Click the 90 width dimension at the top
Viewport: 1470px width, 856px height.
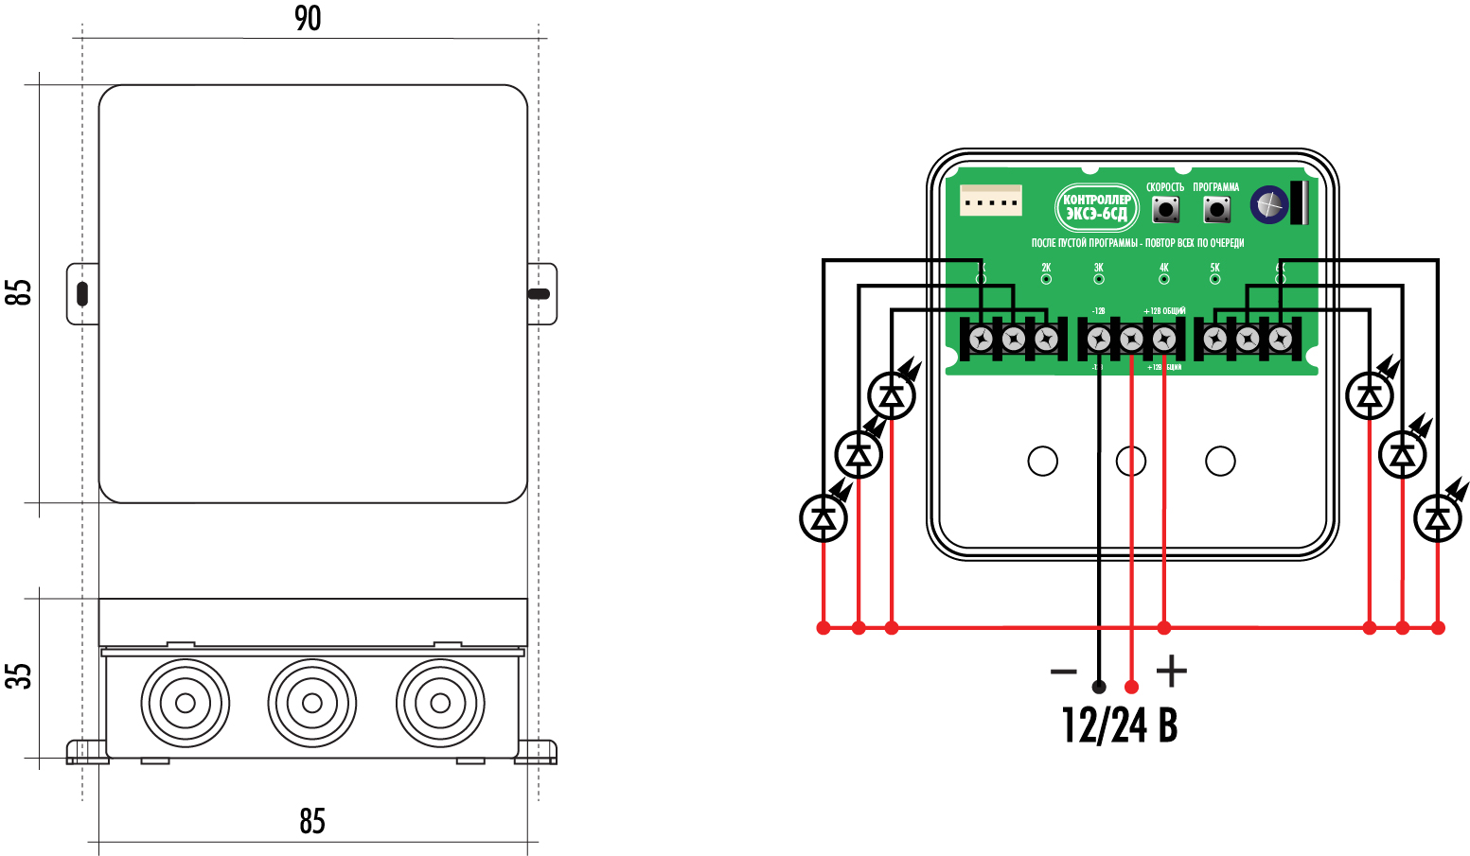tap(308, 18)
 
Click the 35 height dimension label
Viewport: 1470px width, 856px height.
tap(19, 674)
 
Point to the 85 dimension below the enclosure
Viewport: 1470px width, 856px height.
tap(312, 820)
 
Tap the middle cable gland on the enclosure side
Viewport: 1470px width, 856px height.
tap(311, 703)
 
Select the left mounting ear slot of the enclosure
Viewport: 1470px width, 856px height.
tap(82, 293)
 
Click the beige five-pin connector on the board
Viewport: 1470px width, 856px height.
tap(990, 201)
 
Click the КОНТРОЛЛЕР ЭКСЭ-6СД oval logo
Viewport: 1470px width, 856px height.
tap(1096, 206)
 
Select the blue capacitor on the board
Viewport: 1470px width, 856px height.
tap(1269, 204)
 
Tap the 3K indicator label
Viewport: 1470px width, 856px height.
tap(1098, 268)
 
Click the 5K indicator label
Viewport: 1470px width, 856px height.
tap(1214, 268)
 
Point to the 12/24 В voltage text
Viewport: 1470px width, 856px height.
tap(1120, 725)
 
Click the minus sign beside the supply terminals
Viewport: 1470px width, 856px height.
tap(1064, 672)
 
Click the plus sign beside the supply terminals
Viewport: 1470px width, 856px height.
tap(1172, 671)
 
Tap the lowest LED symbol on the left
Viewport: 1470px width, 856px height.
tap(824, 517)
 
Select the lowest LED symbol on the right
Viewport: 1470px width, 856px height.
tap(1438, 517)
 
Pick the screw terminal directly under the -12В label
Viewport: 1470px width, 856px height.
tap(1099, 339)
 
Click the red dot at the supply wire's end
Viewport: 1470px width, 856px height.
tap(1131, 687)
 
